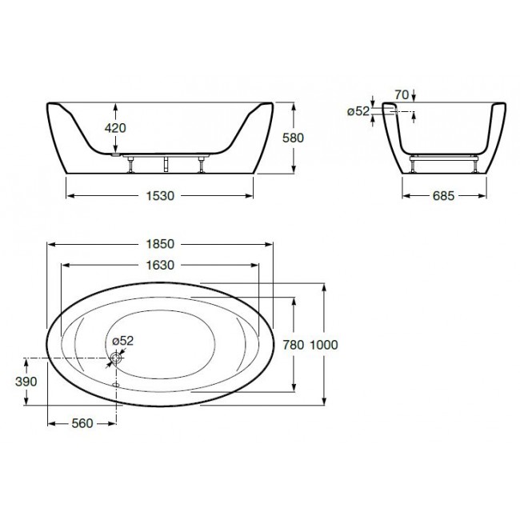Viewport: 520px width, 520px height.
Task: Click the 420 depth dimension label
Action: [x=115, y=128]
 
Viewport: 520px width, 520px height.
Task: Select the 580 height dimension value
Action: [x=293, y=138]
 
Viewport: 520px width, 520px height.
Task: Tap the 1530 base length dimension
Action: [x=160, y=196]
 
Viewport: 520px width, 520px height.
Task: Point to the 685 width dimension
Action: [x=443, y=196]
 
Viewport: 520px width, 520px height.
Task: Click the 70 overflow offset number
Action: [x=402, y=95]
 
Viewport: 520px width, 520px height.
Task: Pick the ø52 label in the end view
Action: [x=358, y=111]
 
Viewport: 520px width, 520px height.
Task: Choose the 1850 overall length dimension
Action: [x=160, y=244]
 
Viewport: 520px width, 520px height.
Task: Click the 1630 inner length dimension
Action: [x=160, y=266]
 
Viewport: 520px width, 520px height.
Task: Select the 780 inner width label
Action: [x=293, y=345]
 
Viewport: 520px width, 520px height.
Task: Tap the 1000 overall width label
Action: [x=324, y=345]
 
